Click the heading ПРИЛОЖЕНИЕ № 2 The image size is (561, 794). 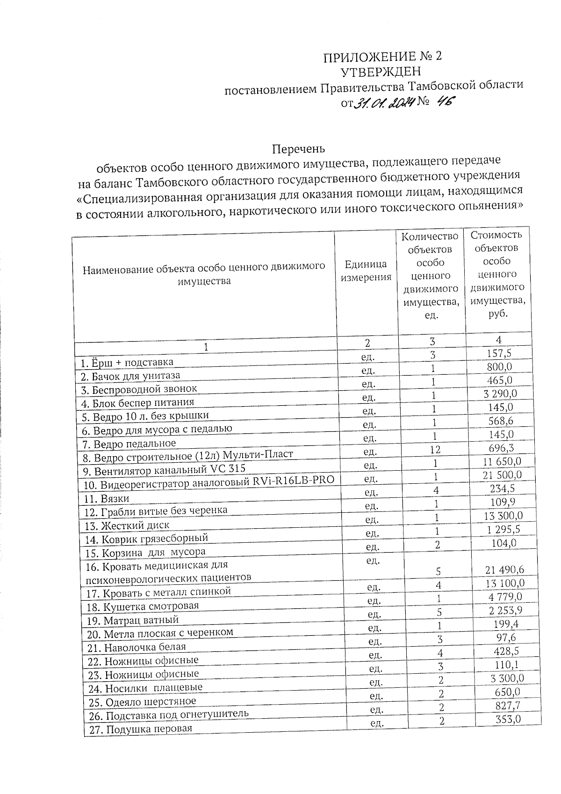pyautogui.click(x=382, y=57)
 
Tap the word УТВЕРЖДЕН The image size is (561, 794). pyautogui.click(x=381, y=72)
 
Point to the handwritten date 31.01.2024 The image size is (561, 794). pyautogui.click(x=383, y=103)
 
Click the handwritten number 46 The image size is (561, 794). pyautogui.click(x=444, y=102)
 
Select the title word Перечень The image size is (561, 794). pyautogui.click(x=298, y=148)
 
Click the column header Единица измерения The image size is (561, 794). pyautogui.click(x=366, y=271)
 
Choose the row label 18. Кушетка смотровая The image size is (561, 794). pyautogui.click(x=144, y=606)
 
